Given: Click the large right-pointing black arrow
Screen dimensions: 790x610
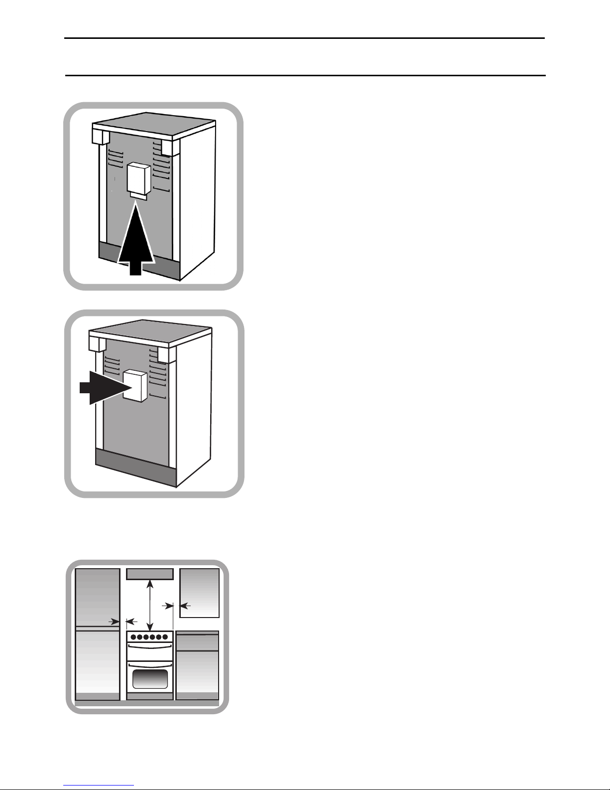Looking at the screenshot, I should tap(102, 387).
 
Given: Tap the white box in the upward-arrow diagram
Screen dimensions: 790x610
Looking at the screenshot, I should tap(138, 178).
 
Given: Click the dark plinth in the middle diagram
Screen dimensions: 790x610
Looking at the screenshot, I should tap(134, 468).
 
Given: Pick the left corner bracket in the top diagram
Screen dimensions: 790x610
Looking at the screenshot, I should tap(101, 136).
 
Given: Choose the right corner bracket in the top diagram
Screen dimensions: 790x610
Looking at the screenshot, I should tap(168, 147).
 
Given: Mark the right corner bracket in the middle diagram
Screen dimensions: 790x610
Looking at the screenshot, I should tap(165, 354).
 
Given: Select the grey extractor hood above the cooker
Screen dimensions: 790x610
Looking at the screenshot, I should tap(150, 574).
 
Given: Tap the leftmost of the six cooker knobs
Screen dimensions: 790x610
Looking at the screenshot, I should tap(133, 637).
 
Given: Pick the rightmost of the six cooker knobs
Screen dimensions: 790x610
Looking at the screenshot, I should tap(165, 637).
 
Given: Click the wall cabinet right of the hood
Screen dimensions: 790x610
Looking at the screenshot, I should tap(199, 593).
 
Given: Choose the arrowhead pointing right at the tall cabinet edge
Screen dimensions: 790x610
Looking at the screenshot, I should tap(115, 622).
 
